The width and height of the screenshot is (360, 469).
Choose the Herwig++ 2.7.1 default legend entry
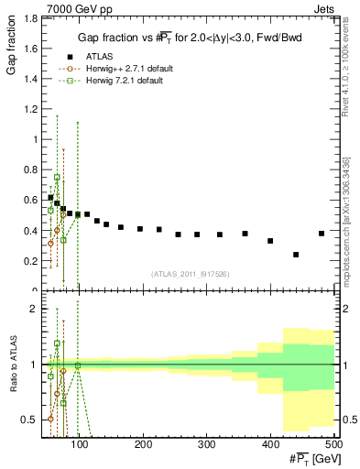(131, 69)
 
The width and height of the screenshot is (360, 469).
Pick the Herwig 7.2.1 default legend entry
(128, 82)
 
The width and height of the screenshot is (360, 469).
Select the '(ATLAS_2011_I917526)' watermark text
(190, 274)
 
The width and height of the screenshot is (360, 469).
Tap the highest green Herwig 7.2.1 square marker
(57, 177)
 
